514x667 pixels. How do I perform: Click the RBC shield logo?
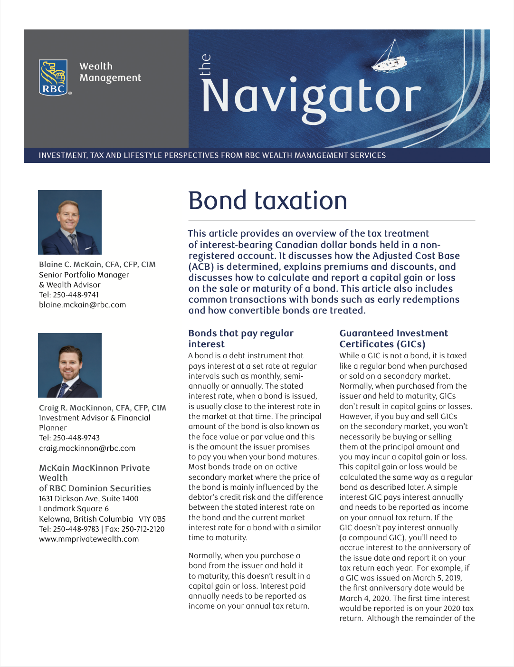coord(53,77)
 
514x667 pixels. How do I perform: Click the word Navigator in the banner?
coord(311,96)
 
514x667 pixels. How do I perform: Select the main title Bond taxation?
coord(267,200)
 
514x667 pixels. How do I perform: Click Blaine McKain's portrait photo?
coord(70,222)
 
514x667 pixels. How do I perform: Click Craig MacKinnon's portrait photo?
coord(70,365)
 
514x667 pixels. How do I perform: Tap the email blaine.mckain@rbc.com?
coord(82,305)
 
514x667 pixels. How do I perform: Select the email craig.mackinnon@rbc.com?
coord(87,448)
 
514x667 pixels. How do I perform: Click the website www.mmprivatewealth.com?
coord(89,539)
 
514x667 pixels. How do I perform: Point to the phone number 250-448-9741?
coord(76,295)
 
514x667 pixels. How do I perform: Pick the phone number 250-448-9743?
coord(76,438)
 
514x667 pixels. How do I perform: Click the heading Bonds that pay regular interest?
coord(241,339)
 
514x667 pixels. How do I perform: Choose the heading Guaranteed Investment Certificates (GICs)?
coord(393,339)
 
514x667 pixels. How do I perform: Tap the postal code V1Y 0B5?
coord(152,519)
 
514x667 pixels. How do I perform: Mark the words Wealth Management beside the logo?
coord(110,72)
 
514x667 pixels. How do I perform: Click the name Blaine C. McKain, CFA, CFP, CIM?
coord(97,265)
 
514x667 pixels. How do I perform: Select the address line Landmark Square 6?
coord(74,509)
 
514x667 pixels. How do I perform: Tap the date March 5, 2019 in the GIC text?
coord(437,578)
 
